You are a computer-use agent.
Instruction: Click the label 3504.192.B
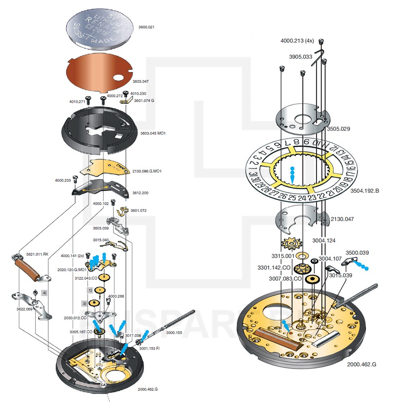point(365,191)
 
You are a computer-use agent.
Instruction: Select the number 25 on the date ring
point(292,198)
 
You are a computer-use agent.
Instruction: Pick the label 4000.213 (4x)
point(297,41)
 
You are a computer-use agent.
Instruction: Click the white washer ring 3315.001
point(301,255)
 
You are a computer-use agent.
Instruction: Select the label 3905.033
point(300,57)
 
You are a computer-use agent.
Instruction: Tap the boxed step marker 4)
point(44,293)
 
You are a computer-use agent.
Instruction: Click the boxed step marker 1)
point(90,290)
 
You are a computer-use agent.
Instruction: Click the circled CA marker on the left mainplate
point(103,384)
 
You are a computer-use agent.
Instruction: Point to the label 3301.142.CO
point(274,267)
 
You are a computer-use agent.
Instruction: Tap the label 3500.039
point(357,252)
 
